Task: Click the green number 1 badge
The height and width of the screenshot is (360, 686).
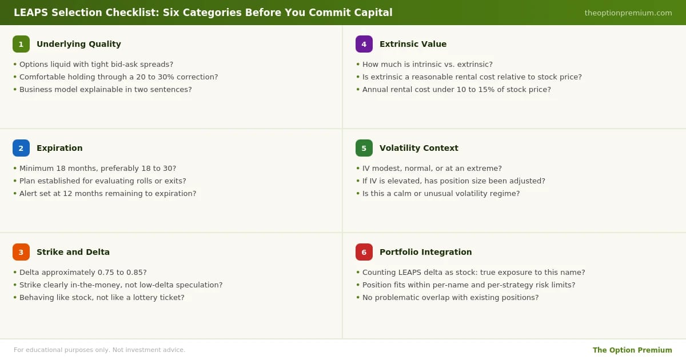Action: tap(21, 44)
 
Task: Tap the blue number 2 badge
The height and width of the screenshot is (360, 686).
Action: tap(21, 148)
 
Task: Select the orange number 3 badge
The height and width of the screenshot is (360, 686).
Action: tap(21, 252)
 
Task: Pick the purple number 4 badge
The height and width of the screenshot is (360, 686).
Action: tap(364, 44)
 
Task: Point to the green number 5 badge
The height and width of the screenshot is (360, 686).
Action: tap(364, 148)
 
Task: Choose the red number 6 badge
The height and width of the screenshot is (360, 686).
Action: tap(364, 252)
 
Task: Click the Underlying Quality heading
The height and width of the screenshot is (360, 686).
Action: tap(79, 44)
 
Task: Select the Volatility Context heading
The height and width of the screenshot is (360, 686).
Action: tap(419, 148)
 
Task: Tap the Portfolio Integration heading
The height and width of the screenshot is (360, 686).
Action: tap(426, 252)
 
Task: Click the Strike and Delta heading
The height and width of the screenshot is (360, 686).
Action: tap(73, 252)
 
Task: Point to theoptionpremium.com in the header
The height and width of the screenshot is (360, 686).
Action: tap(628, 13)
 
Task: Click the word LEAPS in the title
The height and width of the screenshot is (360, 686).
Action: tap(31, 13)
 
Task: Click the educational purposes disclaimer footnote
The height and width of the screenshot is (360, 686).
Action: tap(99, 350)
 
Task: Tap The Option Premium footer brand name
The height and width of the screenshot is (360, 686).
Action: tap(632, 350)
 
